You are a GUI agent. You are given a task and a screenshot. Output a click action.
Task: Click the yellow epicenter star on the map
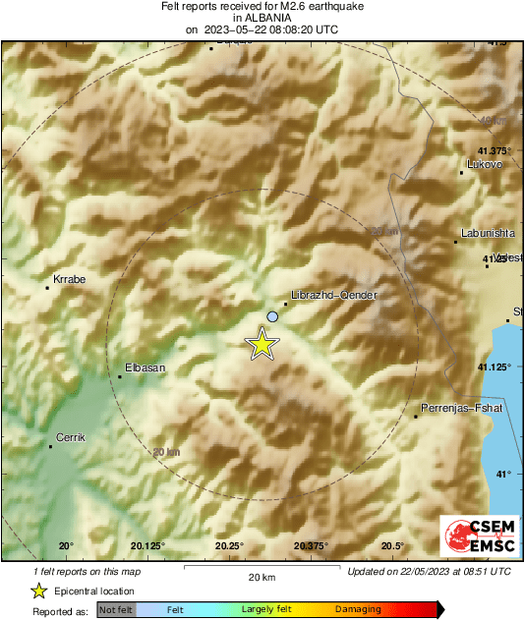(262, 344)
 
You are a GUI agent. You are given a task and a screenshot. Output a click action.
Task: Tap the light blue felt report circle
(272, 316)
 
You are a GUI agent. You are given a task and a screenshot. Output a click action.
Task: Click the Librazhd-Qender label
(334, 295)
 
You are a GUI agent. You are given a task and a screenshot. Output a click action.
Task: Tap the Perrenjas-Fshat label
(461, 407)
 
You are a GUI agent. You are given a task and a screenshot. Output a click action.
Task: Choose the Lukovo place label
(485, 164)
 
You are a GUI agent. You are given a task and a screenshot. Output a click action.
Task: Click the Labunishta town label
(481, 233)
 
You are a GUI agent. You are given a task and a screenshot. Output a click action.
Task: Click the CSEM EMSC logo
(474, 536)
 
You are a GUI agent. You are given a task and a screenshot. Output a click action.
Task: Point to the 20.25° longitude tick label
(229, 546)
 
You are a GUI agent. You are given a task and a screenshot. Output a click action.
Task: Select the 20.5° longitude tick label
(392, 546)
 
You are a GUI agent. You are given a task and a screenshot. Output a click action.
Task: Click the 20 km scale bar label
(261, 577)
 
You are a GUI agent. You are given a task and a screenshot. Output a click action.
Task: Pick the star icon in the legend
(38, 591)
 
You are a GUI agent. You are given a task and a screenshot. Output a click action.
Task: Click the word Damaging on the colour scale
(358, 610)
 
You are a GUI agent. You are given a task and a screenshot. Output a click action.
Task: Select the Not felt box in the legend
(116, 610)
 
